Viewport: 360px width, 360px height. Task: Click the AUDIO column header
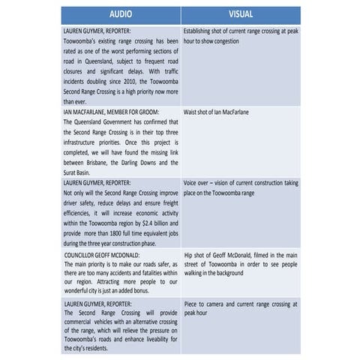pyautogui.click(x=121, y=15)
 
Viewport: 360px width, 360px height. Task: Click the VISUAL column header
pyautogui.click(x=241, y=15)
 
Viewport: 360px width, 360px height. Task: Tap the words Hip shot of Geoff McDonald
pyautogui.click(x=217, y=254)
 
